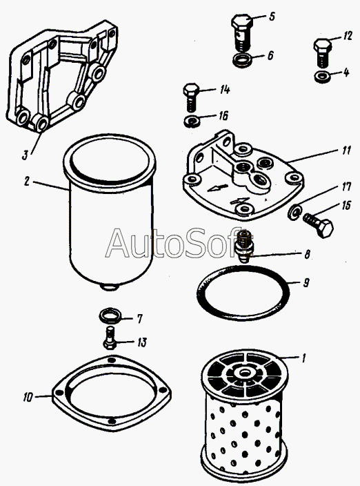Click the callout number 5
[x=272, y=16]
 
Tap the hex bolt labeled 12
[x=323, y=52]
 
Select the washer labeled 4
[x=322, y=77]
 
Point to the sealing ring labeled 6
[x=242, y=59]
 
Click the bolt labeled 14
[x=191, y=97]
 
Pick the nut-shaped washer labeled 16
[x=192, y=120]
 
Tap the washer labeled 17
[x=294, y=212]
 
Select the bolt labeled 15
[x=318, y=226]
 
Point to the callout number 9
[x=306, y=282]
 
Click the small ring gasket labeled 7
[x=110, y=315]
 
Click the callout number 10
[x=28, y=397]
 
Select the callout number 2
[x=27, y=182]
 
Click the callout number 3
[x=26, y=155]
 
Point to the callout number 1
[x=304, y=358]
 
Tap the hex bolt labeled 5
[x=241, y=32]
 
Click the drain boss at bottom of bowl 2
[x=110, y=287]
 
